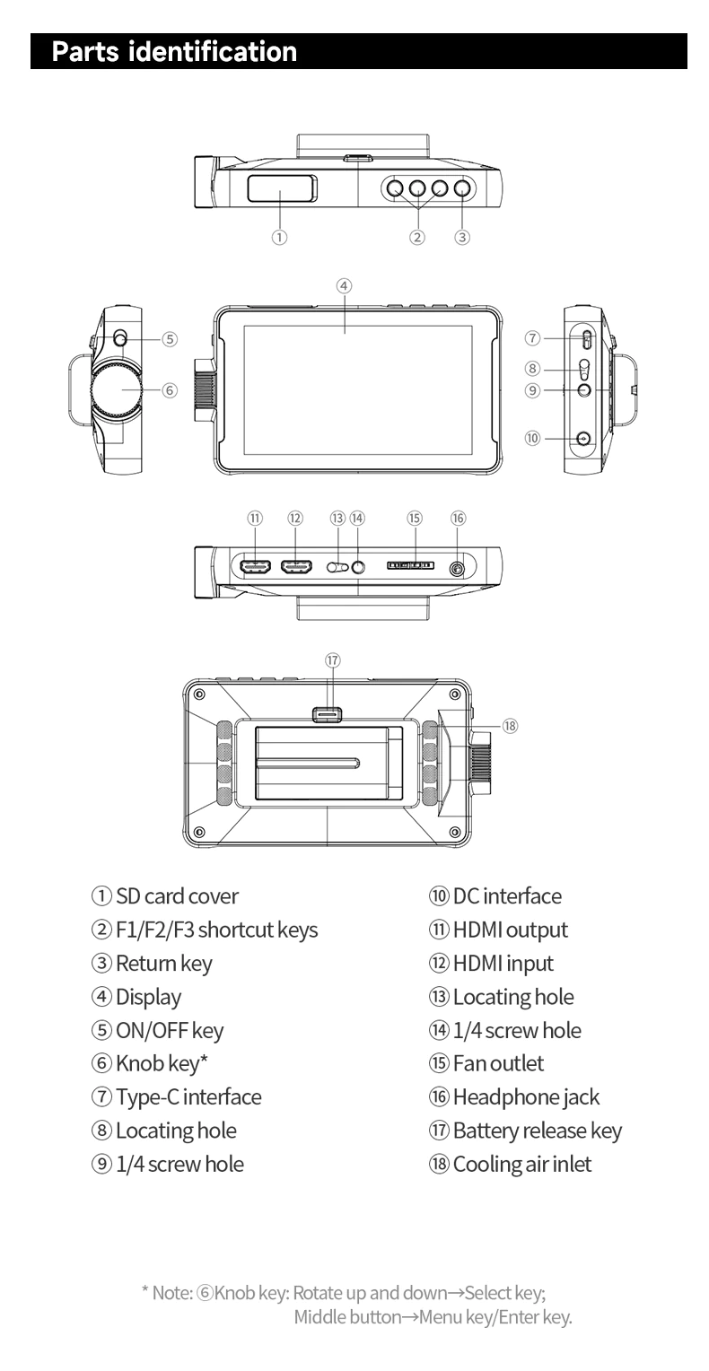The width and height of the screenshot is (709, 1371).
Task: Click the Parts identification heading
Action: pos(174,51)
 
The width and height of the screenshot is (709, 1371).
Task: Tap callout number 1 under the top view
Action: pos(279,237)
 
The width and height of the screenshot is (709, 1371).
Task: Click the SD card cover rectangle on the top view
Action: pos(283,188)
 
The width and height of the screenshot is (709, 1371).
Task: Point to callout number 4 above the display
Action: pos(344,286)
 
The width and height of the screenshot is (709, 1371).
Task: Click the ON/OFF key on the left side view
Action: pos(120,337)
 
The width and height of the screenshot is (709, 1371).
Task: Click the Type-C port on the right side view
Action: pos(586,339)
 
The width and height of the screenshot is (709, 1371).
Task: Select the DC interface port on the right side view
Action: pos(583,438)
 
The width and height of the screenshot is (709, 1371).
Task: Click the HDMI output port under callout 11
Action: pos(255,567)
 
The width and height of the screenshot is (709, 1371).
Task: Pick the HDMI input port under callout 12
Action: pos(296,567)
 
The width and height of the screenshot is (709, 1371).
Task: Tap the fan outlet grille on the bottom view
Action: pos(410,565)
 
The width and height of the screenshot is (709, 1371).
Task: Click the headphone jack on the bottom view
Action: pos(457,569)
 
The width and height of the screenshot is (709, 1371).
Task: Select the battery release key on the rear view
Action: pos(327,714)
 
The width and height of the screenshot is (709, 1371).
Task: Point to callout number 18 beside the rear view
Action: pos(510,726)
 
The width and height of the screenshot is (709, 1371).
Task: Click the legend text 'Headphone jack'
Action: pos(526,1097)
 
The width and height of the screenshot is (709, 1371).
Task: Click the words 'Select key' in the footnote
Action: pos(503,1293)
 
